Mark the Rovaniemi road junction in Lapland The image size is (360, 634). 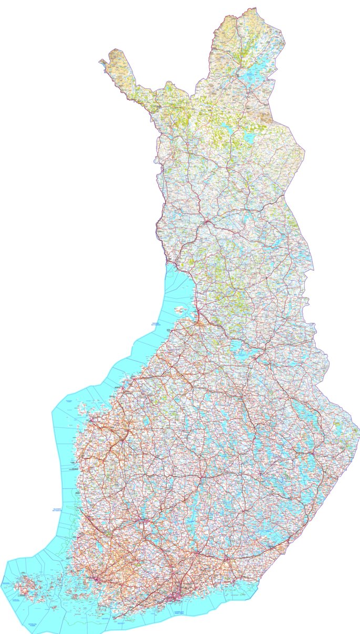[208, 223]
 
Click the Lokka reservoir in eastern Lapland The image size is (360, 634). [249, 136]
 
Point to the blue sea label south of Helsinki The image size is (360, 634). [183, 613]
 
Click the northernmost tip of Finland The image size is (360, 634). [255, 8]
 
